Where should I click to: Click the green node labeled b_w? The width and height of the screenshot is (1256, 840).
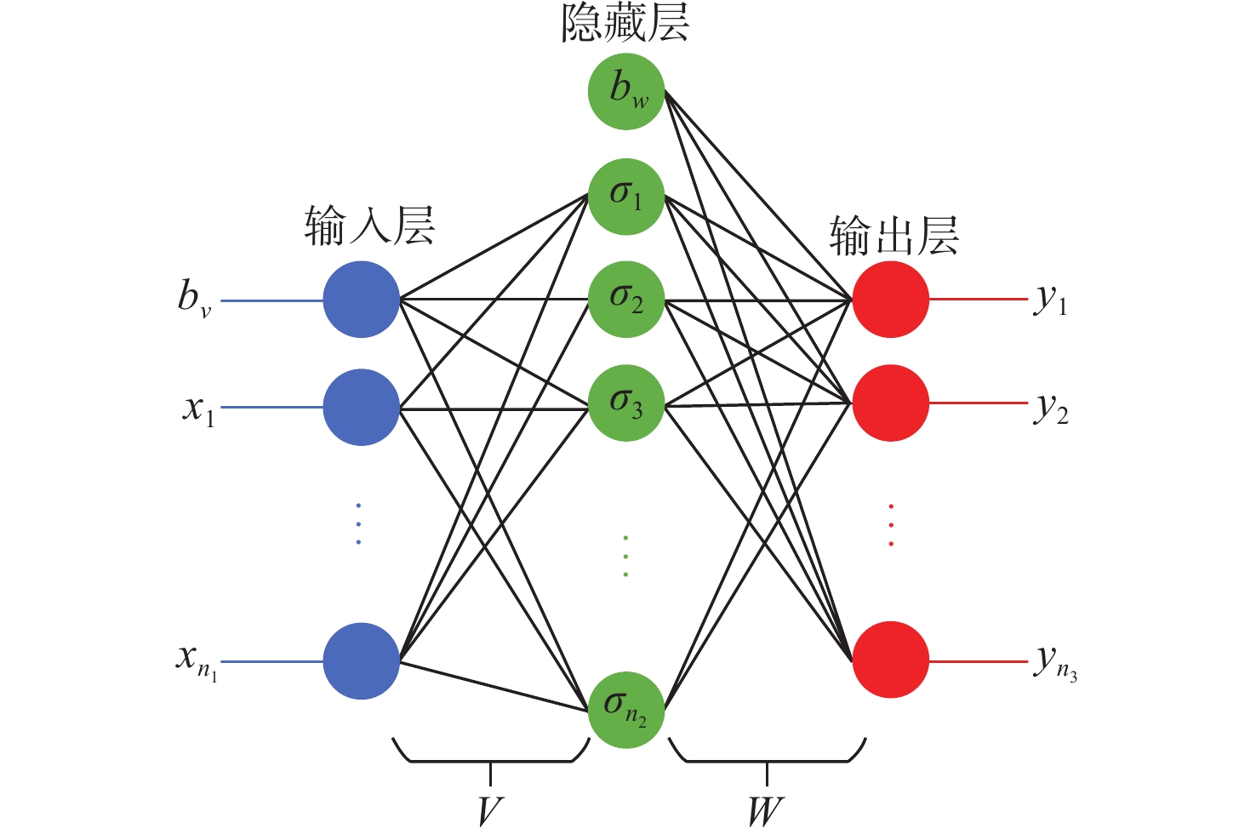[625, 91]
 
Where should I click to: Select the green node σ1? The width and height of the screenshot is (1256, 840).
[625, 197]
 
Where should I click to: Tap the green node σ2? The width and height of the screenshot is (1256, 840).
[625, 300]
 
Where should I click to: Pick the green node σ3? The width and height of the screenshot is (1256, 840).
[625, 403]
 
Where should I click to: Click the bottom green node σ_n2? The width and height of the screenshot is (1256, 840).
[625, 709]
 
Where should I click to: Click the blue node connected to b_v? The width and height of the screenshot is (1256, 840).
[361, 300]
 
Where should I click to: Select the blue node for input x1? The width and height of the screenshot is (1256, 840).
[361, 407]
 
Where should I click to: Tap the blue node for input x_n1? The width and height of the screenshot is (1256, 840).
[361, 660]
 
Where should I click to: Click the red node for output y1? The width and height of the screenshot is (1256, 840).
[891, 300]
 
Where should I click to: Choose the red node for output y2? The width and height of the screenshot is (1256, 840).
[891, 403]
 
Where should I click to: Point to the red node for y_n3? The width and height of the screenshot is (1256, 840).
[891, 660]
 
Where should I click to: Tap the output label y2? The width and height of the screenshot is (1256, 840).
[1052, 409]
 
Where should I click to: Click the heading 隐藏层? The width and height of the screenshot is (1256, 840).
[625, 24]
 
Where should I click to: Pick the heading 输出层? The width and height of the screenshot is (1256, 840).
[894, 236]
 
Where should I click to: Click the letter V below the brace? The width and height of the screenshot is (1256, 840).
[490, 811]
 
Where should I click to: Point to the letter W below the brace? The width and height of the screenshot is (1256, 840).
[766, 811]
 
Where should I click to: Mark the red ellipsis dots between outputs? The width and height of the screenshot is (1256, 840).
[891, 525]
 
